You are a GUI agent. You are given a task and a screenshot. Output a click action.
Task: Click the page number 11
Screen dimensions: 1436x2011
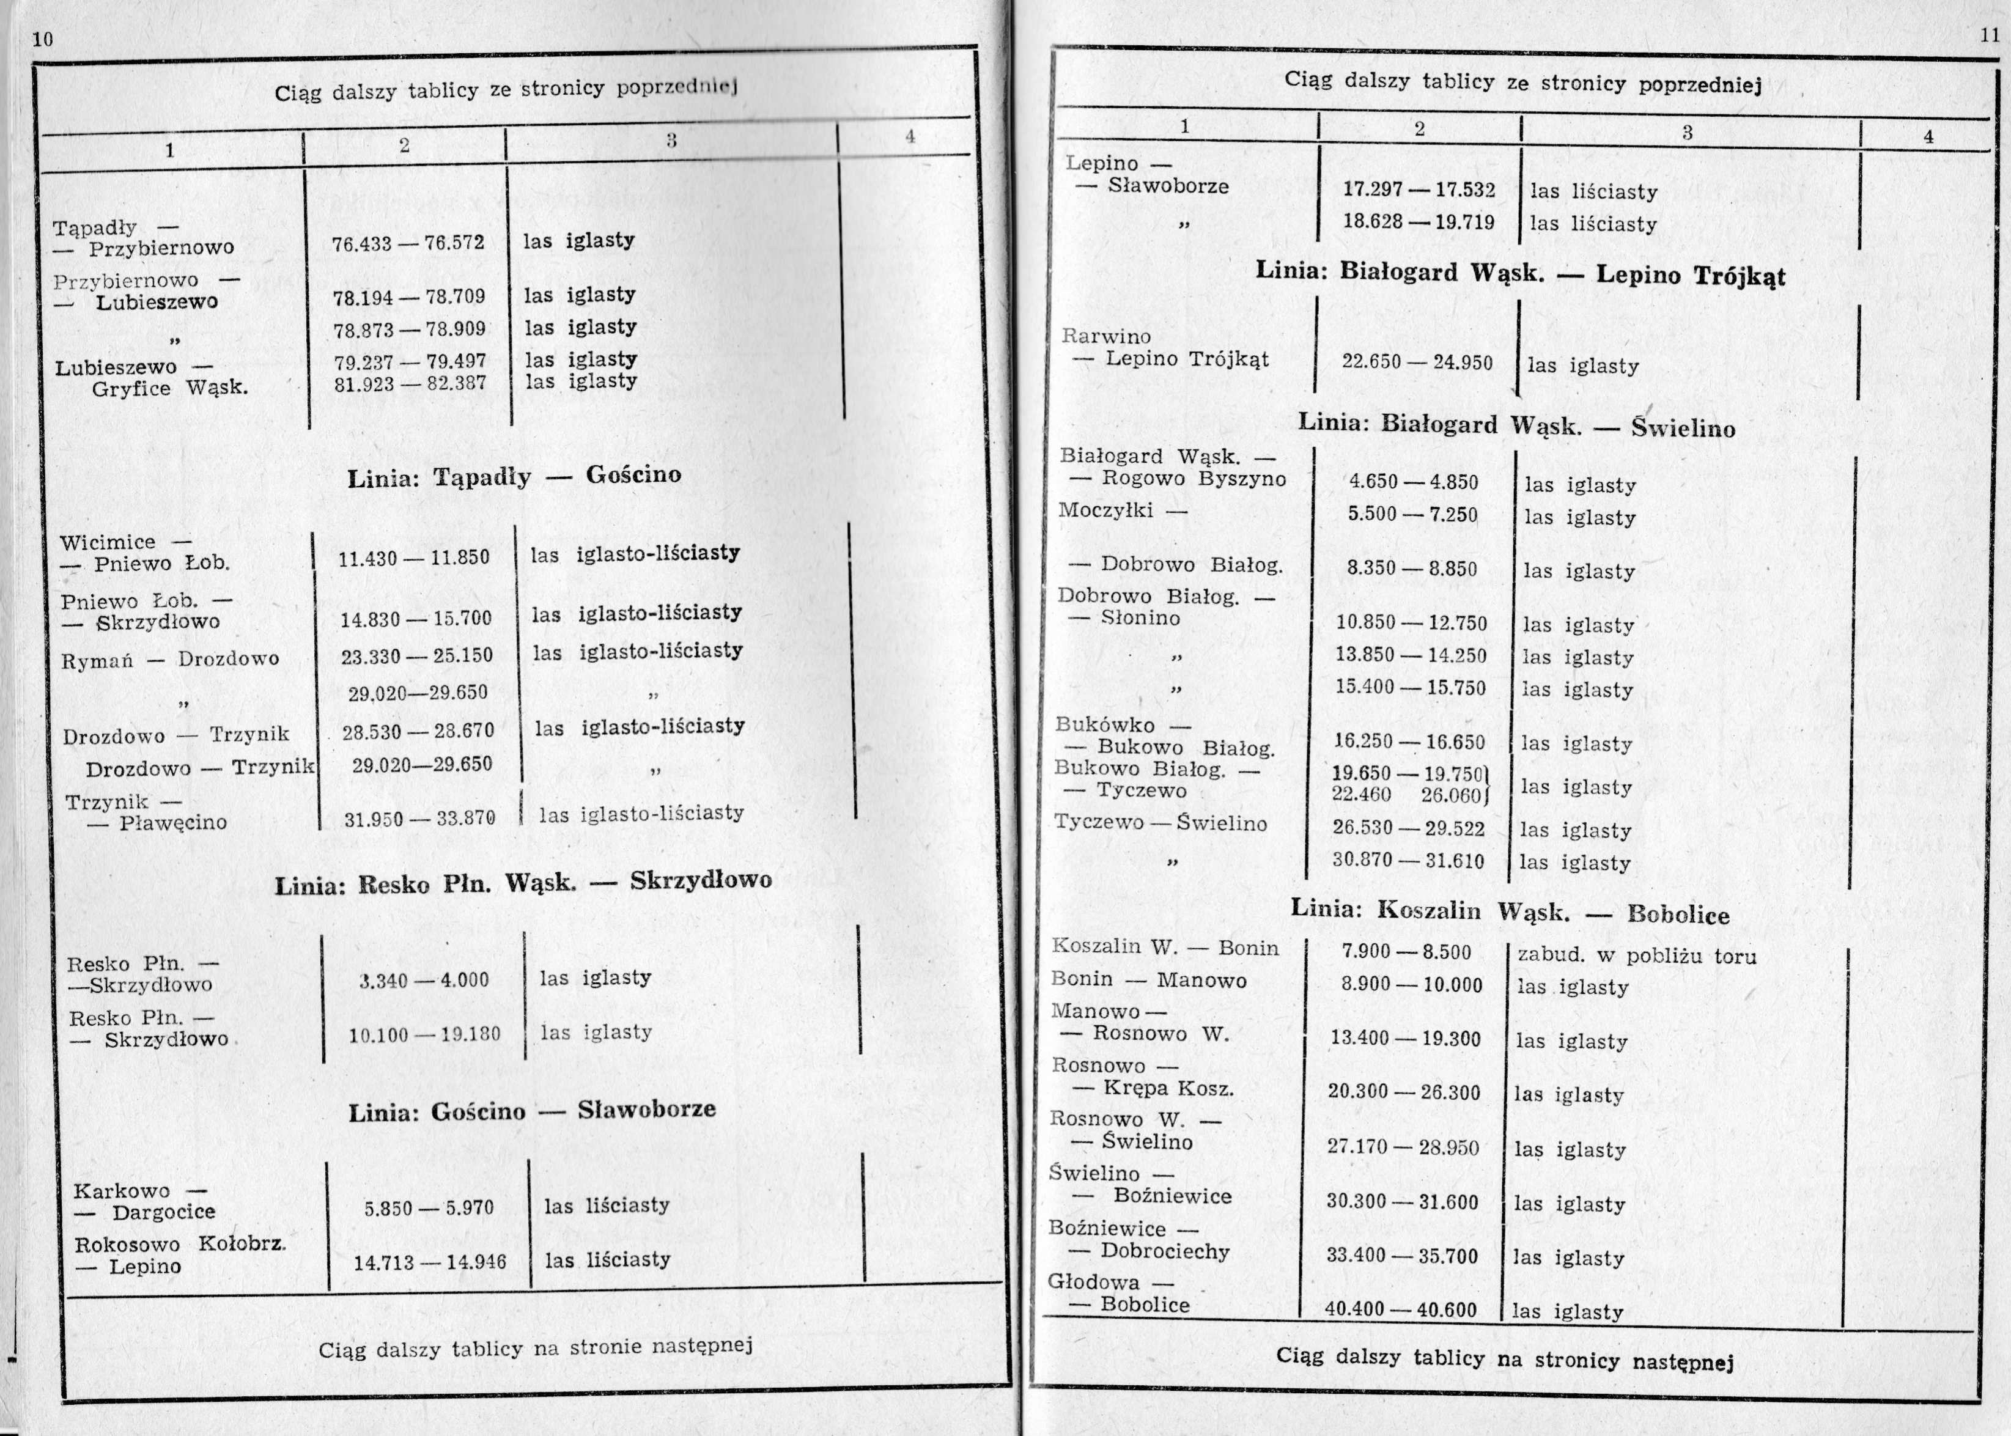tap(1989, 35)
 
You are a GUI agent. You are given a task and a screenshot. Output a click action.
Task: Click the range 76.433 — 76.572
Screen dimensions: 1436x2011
tap(408, 242)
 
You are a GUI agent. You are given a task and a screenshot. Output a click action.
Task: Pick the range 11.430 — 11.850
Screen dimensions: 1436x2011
tap(413, 559)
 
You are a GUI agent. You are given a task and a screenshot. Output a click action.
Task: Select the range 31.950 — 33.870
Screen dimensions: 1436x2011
tap(419, 819)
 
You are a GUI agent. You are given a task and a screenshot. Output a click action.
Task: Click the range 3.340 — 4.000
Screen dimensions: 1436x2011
tap(424, 980)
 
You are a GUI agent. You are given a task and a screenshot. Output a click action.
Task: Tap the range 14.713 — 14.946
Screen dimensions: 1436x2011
tap(430, 1262)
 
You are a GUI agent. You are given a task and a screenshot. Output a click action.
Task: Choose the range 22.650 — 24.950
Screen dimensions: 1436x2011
tap(1417, 363)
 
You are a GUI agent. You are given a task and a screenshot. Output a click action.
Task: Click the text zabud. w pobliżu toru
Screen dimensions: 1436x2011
tap(1636, 956)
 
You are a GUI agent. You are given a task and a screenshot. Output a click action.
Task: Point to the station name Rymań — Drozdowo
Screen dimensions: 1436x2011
tap(170, 660)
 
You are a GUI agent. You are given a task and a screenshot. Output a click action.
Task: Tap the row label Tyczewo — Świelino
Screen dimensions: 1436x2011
tap(1160, 823)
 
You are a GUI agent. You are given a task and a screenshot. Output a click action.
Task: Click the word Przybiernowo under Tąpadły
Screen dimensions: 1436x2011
tap(161, 248)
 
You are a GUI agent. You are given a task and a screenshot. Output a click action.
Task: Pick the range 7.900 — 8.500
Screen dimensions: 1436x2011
tap(1406, 952)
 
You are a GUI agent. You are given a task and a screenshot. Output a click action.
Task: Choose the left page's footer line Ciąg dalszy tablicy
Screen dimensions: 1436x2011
tap(535, 1349)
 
